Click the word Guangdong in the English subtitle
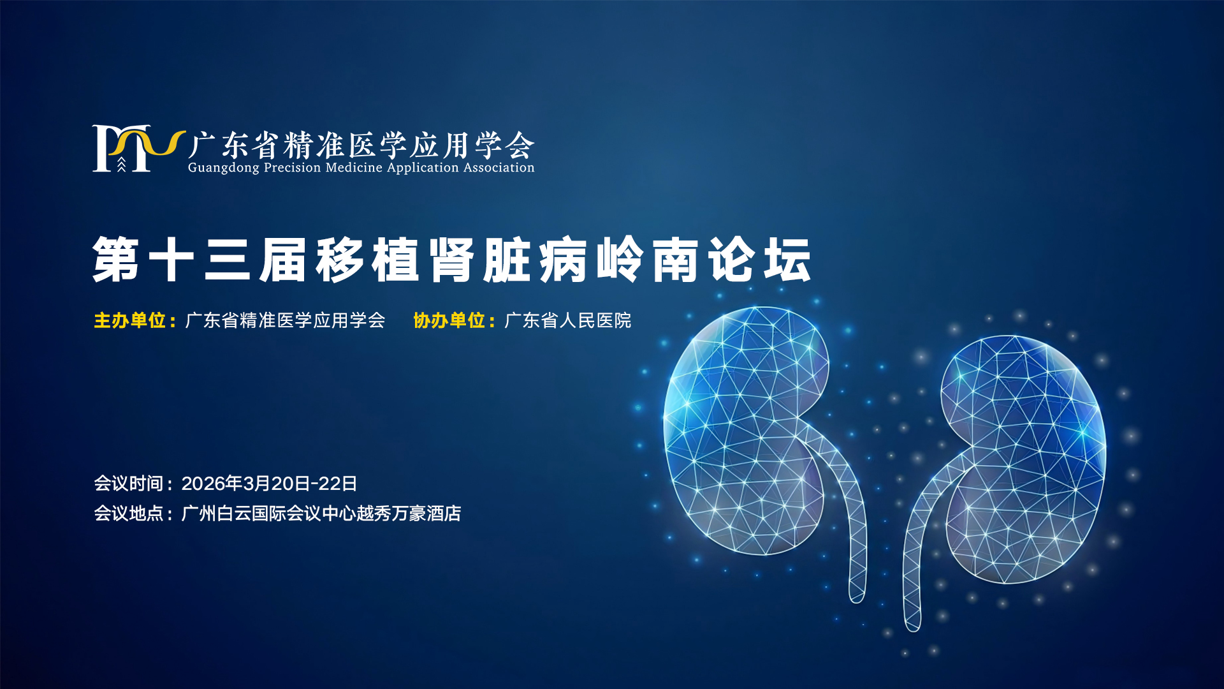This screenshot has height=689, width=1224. (224, 168)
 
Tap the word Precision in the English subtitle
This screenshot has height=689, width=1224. (293, 167)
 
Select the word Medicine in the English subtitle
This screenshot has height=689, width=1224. (354, 167)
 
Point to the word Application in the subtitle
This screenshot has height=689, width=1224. (423, 168)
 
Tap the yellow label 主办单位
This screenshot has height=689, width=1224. (130, 320)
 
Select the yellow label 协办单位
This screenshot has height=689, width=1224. (449, 320)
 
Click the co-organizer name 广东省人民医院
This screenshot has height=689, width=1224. (567, 320)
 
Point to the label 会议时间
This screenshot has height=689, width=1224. (129, 484)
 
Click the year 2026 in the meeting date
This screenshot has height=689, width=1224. (203, 484)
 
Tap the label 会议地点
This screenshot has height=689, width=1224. (129, 514)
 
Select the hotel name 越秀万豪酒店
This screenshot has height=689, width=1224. (409, 514)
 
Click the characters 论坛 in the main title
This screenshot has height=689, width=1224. (760, 260)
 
